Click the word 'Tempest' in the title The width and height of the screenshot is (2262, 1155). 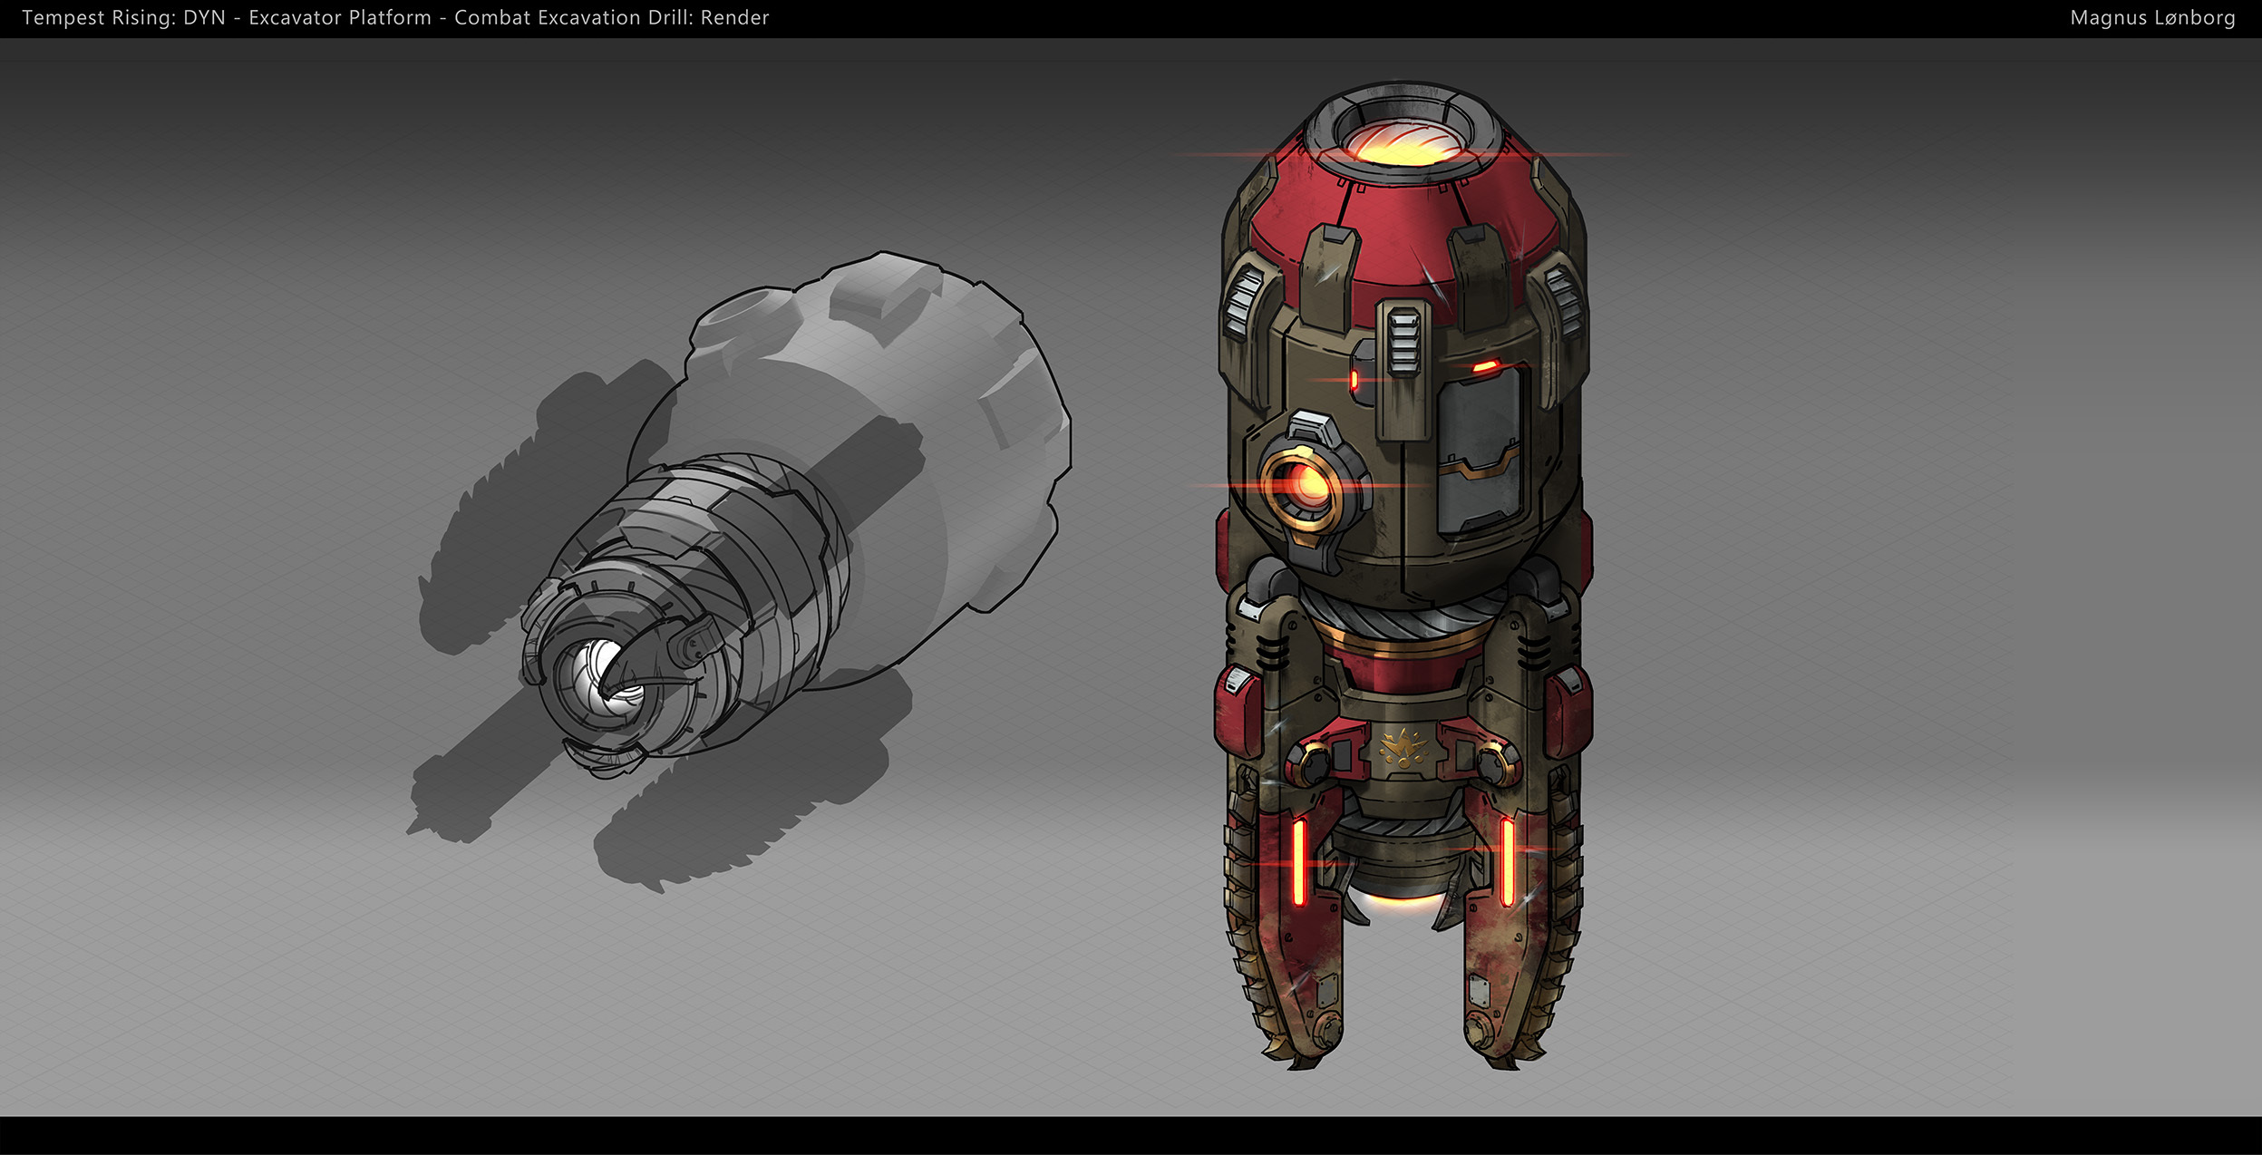[x=63, y=18]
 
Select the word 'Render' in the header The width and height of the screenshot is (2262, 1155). [x=734, y=18]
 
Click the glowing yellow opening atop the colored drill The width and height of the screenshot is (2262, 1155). [x=1401, y=145]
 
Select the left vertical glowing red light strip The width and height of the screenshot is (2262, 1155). [x=1298, y=861]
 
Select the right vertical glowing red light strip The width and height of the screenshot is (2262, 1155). [x=1506, y=861]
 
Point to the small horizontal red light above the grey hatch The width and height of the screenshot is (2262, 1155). [x=1485, y=367]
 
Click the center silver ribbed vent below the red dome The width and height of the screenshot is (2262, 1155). [x=1403, y=340]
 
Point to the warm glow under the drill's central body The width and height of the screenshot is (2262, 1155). [x=1401, y=901]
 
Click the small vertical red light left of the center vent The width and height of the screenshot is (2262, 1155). [x=1354, y=379]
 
